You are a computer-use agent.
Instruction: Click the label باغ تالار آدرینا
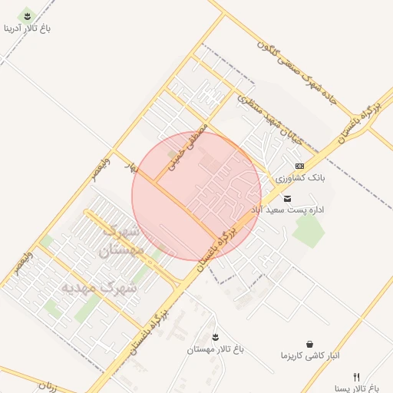pos(28,29)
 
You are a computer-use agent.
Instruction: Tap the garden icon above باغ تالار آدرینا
pos(28,15)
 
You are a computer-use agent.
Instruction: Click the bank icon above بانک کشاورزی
pos(299,166)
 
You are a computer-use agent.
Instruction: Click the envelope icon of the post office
pos(288,198)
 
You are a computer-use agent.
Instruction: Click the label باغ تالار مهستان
pos(215,349)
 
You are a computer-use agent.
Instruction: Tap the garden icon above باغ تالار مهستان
pos(215,336)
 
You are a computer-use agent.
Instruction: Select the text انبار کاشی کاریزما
pos(309,356)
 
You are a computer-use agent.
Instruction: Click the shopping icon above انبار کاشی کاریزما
pos(309,344)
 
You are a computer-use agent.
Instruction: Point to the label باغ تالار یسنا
pos(364,388)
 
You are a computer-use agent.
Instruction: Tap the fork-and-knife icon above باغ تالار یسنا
pos(355,377)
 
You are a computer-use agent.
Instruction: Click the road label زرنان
pos(47,385)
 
